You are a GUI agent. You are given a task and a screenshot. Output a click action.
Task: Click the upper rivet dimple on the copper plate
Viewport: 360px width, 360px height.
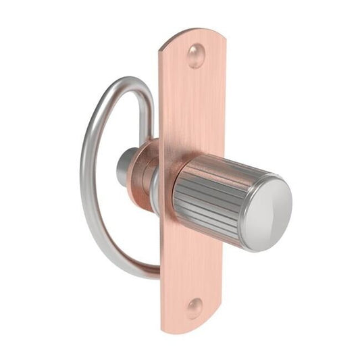(196, 56)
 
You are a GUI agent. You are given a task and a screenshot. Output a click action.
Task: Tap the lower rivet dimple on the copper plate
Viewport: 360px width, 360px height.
(194, 308)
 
